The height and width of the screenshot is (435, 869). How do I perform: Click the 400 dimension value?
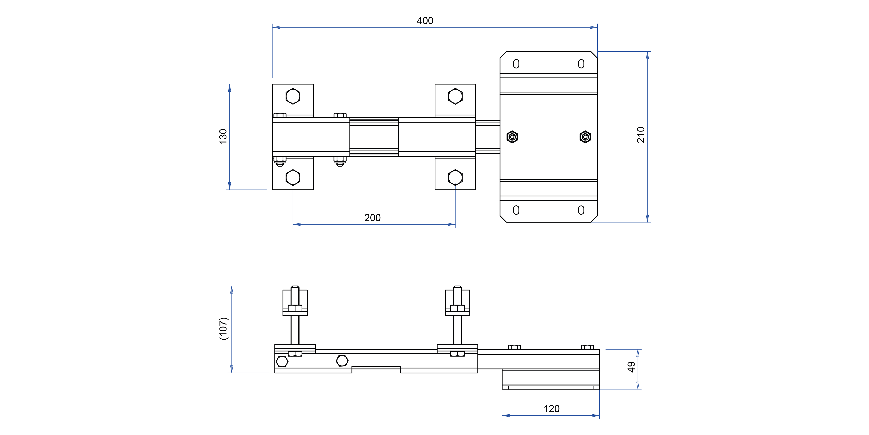(425, 21)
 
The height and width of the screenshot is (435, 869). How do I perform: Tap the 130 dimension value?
(223, 137)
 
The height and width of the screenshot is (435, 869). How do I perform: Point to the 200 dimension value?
(372, 218)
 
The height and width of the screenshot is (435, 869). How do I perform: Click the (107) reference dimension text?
(224, 328)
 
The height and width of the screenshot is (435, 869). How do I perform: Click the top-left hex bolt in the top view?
(293, 96)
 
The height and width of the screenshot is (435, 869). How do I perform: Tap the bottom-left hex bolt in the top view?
(293, 177)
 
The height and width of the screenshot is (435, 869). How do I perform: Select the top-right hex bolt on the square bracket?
(455, 96)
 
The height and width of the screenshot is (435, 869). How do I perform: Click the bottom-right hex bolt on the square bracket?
(455, 177)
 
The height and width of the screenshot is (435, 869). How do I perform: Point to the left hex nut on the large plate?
(512, 137)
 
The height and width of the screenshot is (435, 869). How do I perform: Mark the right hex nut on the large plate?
(585, 137)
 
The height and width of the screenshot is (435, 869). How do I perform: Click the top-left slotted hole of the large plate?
(516, 64)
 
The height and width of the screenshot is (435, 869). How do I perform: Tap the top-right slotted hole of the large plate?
(581, 64)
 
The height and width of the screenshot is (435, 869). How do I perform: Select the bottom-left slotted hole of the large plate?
(516, 210)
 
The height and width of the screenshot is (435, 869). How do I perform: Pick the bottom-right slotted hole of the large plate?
(581, 210)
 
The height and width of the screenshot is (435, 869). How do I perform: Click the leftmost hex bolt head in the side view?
(282, 361)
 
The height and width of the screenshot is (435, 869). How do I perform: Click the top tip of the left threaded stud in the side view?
(295, 287)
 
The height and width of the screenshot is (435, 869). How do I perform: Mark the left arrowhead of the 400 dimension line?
(276, 27)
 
